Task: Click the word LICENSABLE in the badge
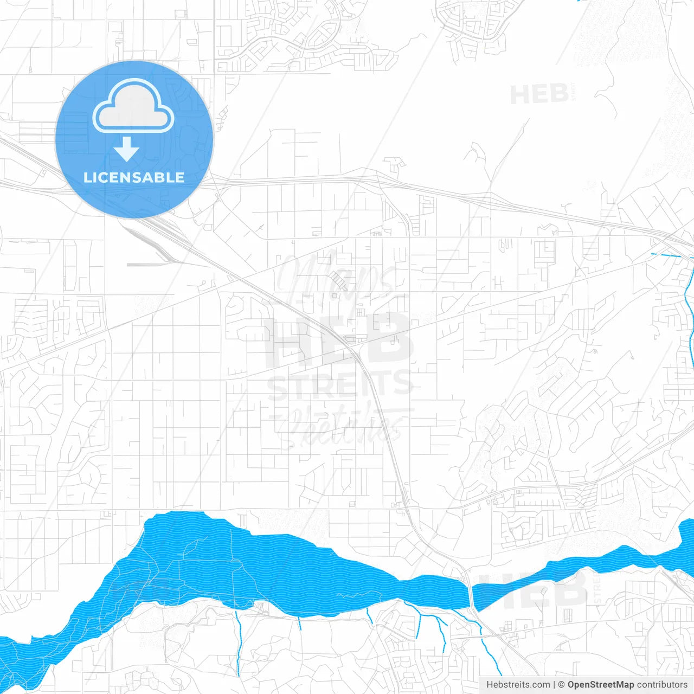click(x=134, y=177)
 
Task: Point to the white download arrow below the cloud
click(x=126, y=149)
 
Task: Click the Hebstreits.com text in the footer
click(x=518, y=685)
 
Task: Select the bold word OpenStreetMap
click(x=601, y=685)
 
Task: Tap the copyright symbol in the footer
click(x=561, y=685)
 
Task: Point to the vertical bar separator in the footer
click(x=555, y=685)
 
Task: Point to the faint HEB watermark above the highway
click(x=539, y=95)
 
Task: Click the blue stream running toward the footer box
click(x=491, y=656)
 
